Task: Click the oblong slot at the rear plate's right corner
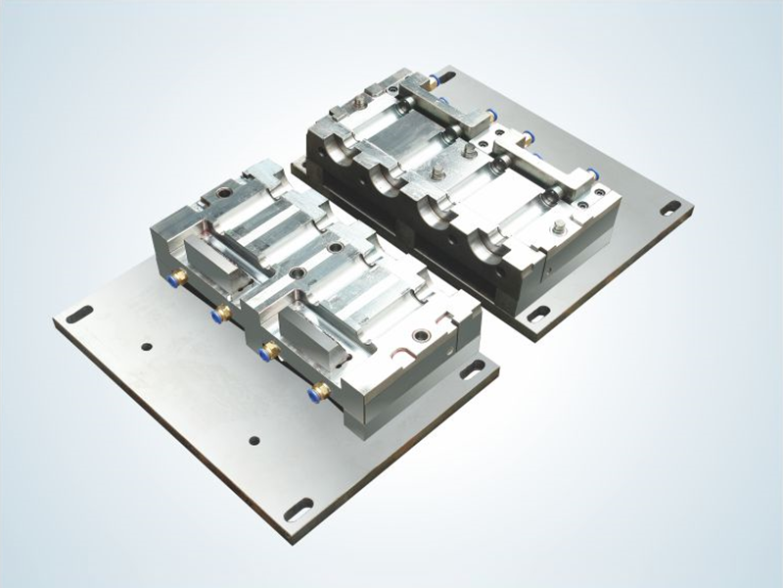pyautogui.click(x=670, y=207)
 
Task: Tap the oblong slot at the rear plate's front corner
pyautogui.click(x=536, y=314)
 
